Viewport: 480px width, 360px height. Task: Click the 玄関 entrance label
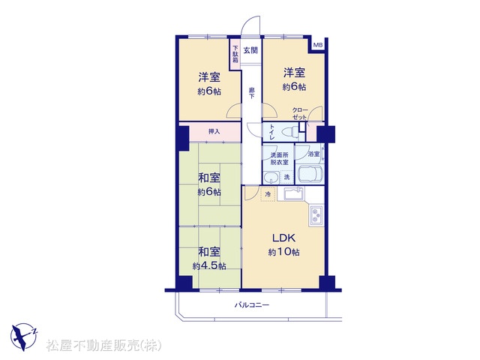tap(250, 50)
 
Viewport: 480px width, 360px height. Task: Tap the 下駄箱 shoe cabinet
tap(235, 55)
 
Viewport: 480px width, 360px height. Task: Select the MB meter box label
tap(317, 45)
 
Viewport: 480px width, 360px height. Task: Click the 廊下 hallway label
tap(251, 93)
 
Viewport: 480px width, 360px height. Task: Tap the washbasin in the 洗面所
tap(271, 178)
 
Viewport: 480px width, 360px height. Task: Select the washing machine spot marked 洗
tap(286, 177)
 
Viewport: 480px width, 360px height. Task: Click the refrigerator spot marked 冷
tap(268, 194)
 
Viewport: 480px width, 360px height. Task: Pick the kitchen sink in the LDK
tap(294, 193)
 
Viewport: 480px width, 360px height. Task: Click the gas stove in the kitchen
tap(316, 215)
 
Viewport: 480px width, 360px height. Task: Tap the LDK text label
tap(283, 238)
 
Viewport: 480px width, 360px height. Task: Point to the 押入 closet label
tap(214, 132)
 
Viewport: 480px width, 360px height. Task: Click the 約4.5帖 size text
tap(209, 266)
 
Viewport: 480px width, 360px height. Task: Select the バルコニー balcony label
tap(252, 305)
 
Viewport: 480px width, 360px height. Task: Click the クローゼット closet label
tap(299, 113)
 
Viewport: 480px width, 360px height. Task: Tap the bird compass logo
tap(23, 337)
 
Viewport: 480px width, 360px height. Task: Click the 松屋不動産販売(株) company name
tap(104, 345)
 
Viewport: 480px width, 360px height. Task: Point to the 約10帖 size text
tap(283, 252)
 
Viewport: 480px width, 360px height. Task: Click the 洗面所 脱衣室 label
tap(279, 158)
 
